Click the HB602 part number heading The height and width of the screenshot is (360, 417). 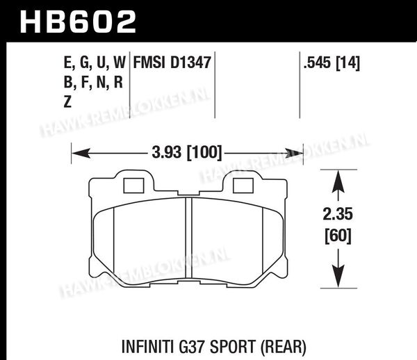click(x=78, y=22)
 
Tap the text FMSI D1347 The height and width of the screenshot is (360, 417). click(x=172, y=63)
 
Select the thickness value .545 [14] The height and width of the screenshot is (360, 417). click(x=332, y=63)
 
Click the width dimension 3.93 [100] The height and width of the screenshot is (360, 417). click(x=187, y=153)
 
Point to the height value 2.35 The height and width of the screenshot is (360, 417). click(x=338, y=214)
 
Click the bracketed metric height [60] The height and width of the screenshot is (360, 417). click(x=338, y=236)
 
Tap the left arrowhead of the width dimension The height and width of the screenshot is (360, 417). click(x=81, y=154)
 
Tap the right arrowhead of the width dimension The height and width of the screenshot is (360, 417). click(x=294, y=154)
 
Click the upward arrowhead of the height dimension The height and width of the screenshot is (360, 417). click(x=338, y=181)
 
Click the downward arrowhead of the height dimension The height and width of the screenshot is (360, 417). click(x=338, y=276)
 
